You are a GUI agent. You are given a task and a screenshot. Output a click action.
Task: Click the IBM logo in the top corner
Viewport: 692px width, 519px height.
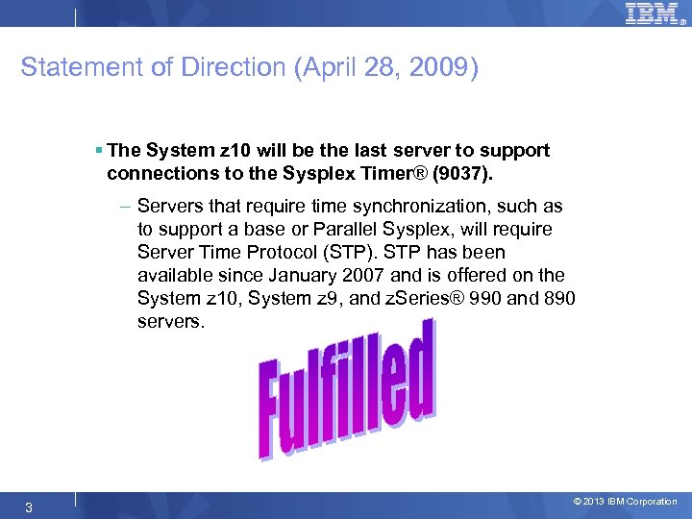coord(653,13)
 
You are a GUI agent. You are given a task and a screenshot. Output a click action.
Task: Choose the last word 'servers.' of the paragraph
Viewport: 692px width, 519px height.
coord(171,322)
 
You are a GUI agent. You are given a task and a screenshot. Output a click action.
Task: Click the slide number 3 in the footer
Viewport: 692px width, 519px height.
coord(29,507)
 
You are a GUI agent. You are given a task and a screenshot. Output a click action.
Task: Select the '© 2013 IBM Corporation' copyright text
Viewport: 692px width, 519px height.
coord(625,502)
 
